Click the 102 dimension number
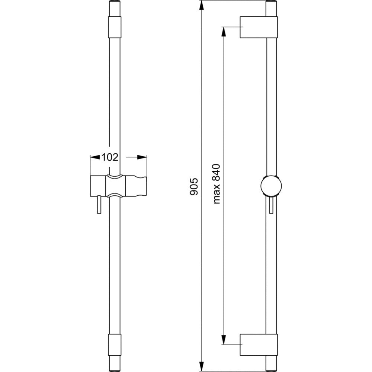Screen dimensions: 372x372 point(110,157)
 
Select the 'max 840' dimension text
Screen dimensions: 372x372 point(217,184)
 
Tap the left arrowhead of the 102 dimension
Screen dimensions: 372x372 point(95,157)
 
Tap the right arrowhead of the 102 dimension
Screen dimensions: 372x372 point(142,157)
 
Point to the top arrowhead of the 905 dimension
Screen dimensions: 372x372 point(201,6)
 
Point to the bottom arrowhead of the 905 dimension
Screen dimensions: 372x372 point(201,366)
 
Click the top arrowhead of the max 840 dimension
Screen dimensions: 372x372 point(223,32)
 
